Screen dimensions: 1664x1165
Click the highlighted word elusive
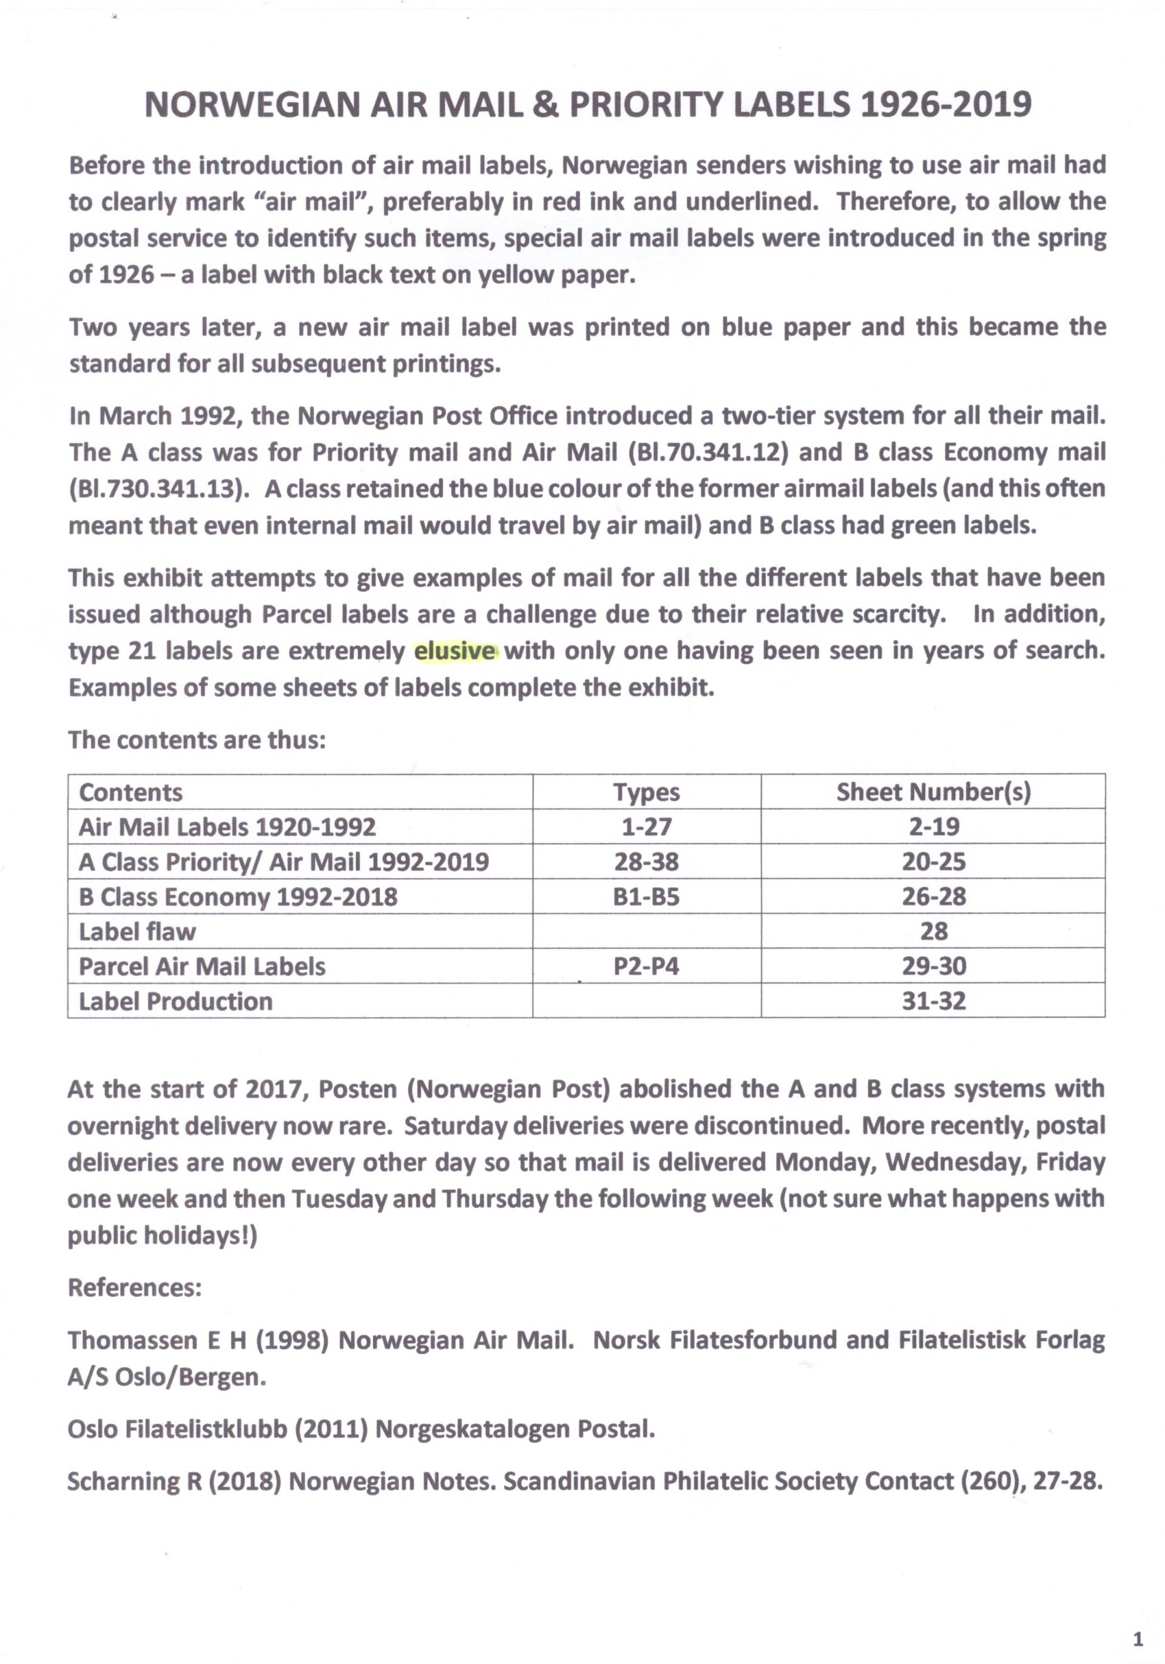[455, 651]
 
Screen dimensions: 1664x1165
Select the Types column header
[646, 792]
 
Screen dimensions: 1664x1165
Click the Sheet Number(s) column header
[933, 792]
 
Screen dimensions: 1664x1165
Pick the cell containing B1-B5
[646, 896]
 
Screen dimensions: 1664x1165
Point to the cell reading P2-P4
[646, 966]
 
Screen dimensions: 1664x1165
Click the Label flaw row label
[137, 932]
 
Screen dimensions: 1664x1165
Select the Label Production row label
[175, 1001]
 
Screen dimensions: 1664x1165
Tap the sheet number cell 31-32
[933, 1001]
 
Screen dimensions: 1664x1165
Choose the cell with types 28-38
[646, 862]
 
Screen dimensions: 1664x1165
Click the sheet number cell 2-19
[933, 827]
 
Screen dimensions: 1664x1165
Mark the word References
[134, 1287]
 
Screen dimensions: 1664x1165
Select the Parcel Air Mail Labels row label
[202, 966]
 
